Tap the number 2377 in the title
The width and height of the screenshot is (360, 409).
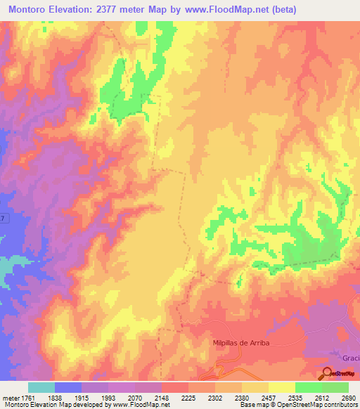point(115,10)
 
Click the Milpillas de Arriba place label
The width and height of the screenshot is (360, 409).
point(240,342)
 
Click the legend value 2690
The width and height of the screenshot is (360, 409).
point(349,397)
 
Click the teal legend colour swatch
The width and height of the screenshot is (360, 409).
point(41,387)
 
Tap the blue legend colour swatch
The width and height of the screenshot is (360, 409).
point(68,387)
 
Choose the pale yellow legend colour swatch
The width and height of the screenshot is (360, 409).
point(282,387)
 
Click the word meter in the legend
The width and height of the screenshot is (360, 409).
point(11,397)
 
